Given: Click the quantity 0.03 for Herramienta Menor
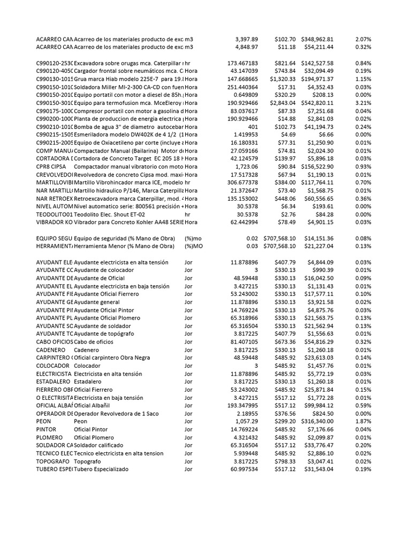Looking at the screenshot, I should click(x=253, y=246).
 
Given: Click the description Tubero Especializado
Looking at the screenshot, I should click(x=101, y=469).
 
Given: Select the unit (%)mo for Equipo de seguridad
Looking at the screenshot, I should click(x=193, y=238).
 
